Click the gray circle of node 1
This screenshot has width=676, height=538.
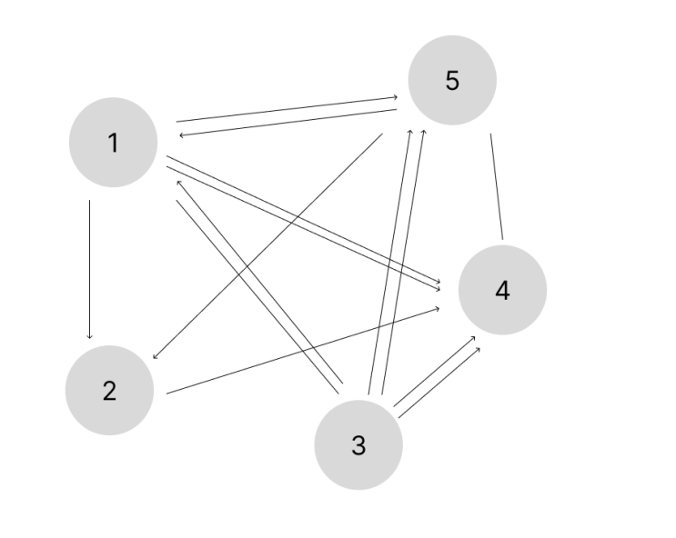click(x=114, y=142)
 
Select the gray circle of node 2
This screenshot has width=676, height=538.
click(x=109, y=390)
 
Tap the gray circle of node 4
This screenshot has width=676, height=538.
click(x=503, y=290)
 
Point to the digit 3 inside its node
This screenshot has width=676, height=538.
click(x=358, y=445)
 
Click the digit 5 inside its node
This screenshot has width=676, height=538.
click(x=452, y=81)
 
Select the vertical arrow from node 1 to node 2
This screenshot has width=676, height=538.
click(x=90, y=269)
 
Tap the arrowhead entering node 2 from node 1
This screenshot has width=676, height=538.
click(x=90, y=336)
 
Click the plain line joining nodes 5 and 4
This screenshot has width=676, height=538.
click(x=497, y=186)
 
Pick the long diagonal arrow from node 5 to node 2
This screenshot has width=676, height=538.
click(x=267, y=246)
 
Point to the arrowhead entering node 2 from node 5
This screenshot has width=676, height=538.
click(x=156, y=356)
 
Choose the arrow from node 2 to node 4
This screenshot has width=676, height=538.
click(x=303, y=351)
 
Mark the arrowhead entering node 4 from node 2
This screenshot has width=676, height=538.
click(x=437, y=308)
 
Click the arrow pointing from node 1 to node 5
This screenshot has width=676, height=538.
click(x=287, y=109)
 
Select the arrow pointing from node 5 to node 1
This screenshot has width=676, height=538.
click(x=288, y=123)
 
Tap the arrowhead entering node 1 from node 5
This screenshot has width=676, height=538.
click(x=181, y=135)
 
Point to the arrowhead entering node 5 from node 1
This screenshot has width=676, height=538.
click(x=395, y=98)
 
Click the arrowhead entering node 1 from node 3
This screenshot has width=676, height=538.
click(x=179, y=183)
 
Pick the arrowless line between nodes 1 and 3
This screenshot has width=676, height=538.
click(x=257, y=297)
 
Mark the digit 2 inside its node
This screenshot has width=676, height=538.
click(x=109, y=391)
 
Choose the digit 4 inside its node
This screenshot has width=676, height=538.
click(x=503, y=290)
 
